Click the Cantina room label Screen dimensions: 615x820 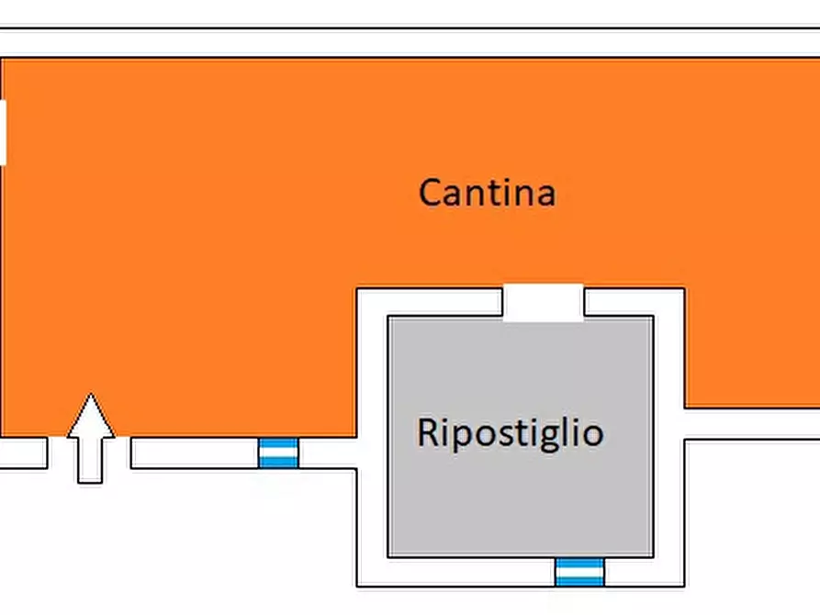tap(487, 193)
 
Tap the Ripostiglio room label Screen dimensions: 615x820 tap(510, 432)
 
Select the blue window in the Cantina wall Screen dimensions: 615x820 tap(278, 453)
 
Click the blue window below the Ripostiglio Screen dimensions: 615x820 tap(579, 571)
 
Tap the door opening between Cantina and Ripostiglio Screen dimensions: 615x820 tap(544, 302)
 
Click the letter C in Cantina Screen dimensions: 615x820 tap(432, 193)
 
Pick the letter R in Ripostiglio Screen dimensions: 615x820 tap(429, 432)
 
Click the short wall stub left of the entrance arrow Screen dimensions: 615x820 tap(23, 453)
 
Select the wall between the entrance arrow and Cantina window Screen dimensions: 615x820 tap(194, 453)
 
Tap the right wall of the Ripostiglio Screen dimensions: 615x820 tap(668, 441)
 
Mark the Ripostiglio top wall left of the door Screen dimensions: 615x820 tap(430, 302)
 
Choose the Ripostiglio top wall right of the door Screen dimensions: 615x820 tap(634, 302)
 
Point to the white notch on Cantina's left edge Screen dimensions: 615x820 tap(3, 132)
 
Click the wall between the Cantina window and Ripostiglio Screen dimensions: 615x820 tap(327, 453)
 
